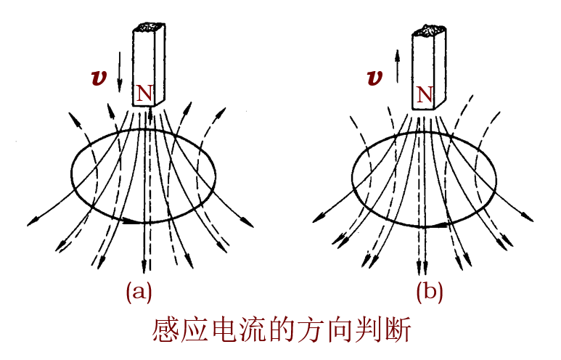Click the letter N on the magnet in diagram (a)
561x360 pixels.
pyautogui.click(x=145, y=92)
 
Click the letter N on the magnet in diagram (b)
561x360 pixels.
pyautogui.click(x=425, y=94)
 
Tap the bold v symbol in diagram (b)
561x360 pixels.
pyautogui.click(x=375, y=78)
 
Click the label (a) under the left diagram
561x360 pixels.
pyautogui.click(x=139, y=292)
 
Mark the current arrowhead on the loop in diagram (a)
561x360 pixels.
pyautogui.click(x=131, y=221)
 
